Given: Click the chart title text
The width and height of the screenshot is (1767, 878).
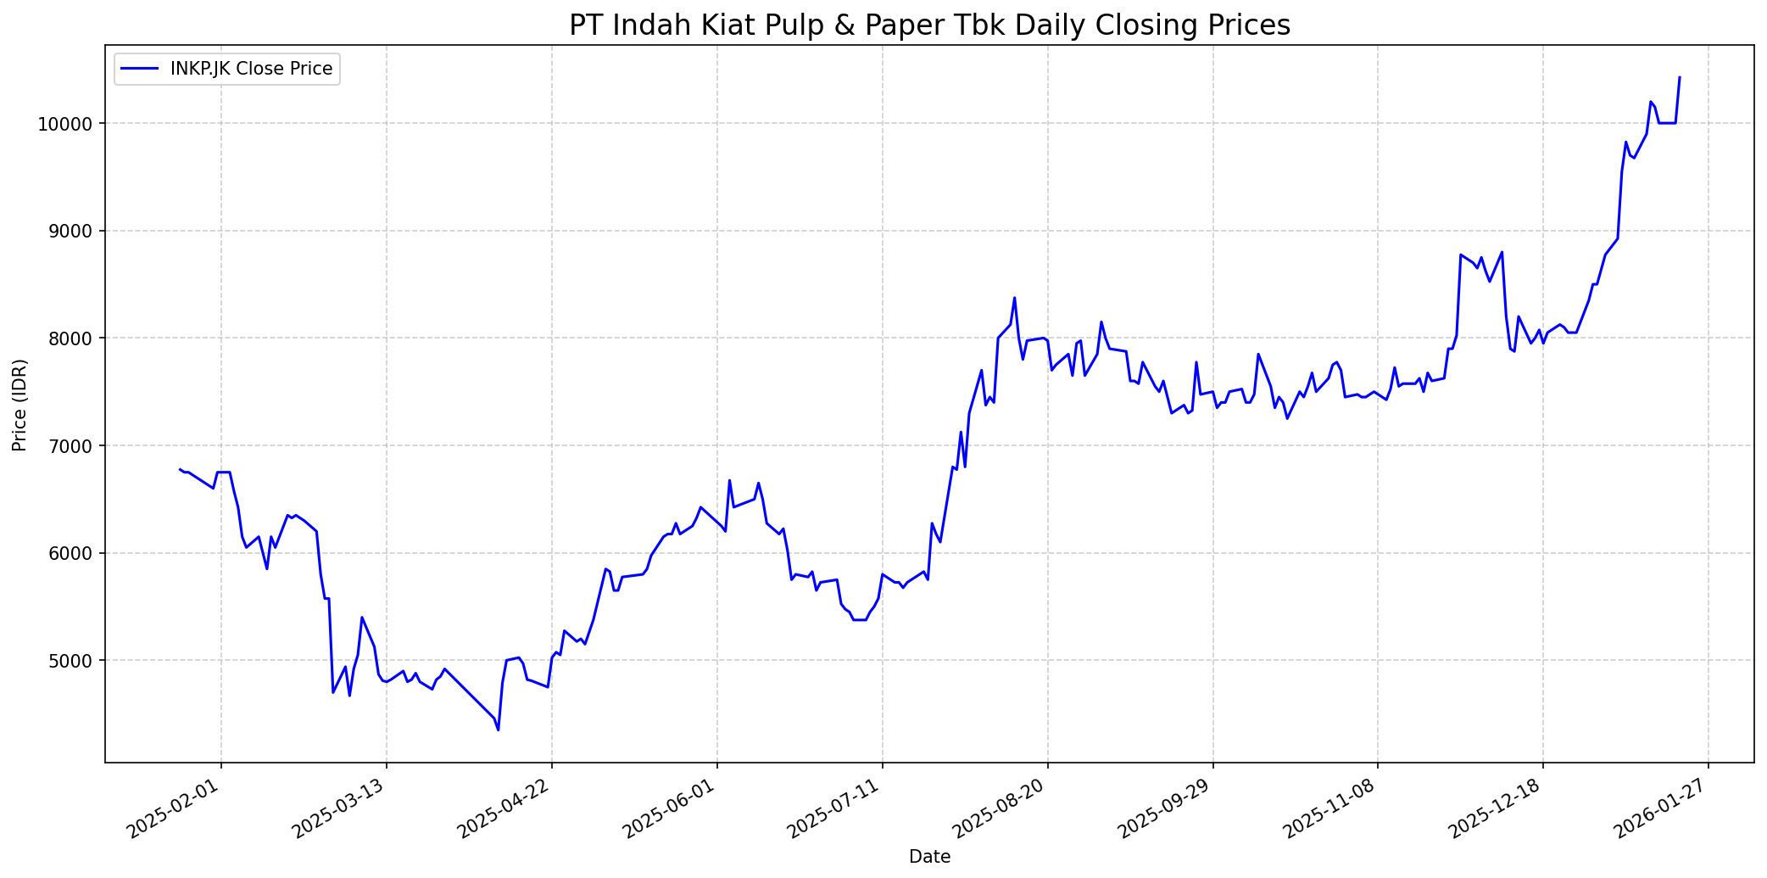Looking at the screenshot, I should click(929, 25).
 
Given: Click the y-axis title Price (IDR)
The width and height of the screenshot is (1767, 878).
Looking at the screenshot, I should click(20, 405).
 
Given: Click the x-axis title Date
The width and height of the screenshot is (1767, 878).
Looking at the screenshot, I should click(929, 857).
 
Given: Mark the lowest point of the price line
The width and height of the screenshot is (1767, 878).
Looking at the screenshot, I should click(499, 730).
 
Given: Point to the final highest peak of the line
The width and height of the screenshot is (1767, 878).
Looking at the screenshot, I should click(1680, 77).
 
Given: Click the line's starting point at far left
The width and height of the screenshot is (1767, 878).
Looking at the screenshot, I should click(180, 468).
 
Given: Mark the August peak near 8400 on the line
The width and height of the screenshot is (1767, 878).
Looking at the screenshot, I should click(1014, 298).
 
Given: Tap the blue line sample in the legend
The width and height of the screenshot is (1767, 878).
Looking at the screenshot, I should click(140, 69).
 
